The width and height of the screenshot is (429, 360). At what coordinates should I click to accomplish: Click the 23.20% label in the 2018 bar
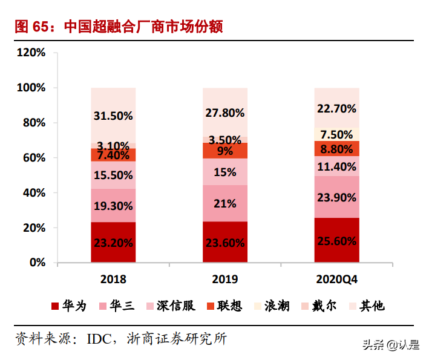click(x=113, y=243)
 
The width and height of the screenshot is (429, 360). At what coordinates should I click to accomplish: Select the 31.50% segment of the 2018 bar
click(x=113, y=115)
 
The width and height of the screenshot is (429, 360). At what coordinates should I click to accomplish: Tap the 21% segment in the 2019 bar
click(x=225, y=204)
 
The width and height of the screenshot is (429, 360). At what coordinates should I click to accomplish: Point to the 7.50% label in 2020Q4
click(x=336, y=134)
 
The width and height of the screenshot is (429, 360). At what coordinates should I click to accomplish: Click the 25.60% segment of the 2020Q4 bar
click(x=336, y=241)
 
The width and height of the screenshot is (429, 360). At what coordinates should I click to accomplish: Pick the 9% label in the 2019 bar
click(x=225, y=151)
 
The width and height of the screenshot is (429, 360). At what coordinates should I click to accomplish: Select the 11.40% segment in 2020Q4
click(x=336, y=166)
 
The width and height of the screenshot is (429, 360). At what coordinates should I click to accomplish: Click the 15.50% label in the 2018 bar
click(x=113, y=175)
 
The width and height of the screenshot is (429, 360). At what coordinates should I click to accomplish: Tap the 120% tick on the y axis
click(x=31, y=53)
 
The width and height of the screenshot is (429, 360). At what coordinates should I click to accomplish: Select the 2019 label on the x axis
click(x=225, y=280)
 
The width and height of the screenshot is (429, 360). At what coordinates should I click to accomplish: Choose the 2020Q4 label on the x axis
click(x=336, y=280)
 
